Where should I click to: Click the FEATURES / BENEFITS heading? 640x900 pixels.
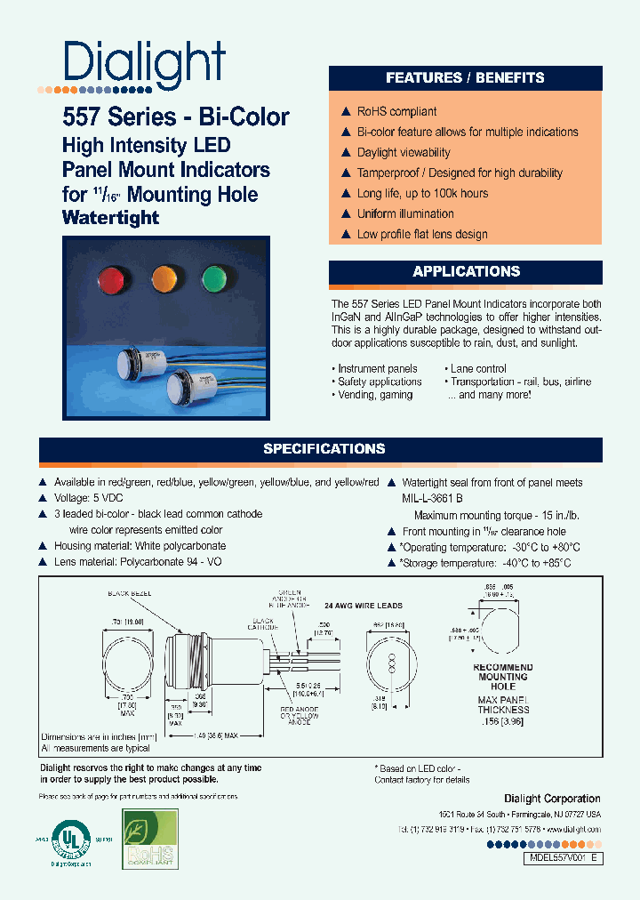[x=465, y=78]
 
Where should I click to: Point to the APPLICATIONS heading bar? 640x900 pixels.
[x=465, y=271]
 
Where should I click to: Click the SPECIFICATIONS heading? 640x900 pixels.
[x=324, y=449]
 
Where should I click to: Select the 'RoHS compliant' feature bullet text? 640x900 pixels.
[x=396, y=111]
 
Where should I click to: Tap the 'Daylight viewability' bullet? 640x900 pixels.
[x=404, y=152]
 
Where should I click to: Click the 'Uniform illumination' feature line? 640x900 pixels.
[x=405, y=213]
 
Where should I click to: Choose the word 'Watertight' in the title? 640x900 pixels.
[x=111, y=217]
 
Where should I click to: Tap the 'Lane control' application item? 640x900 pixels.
[x=478, y=368]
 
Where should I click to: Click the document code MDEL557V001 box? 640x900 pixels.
[x=552, y=858]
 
